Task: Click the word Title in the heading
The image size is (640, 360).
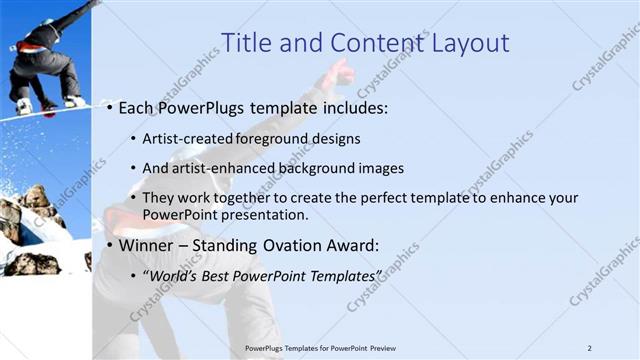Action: coord(244,43)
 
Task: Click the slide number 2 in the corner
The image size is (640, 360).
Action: coord(590,347)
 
